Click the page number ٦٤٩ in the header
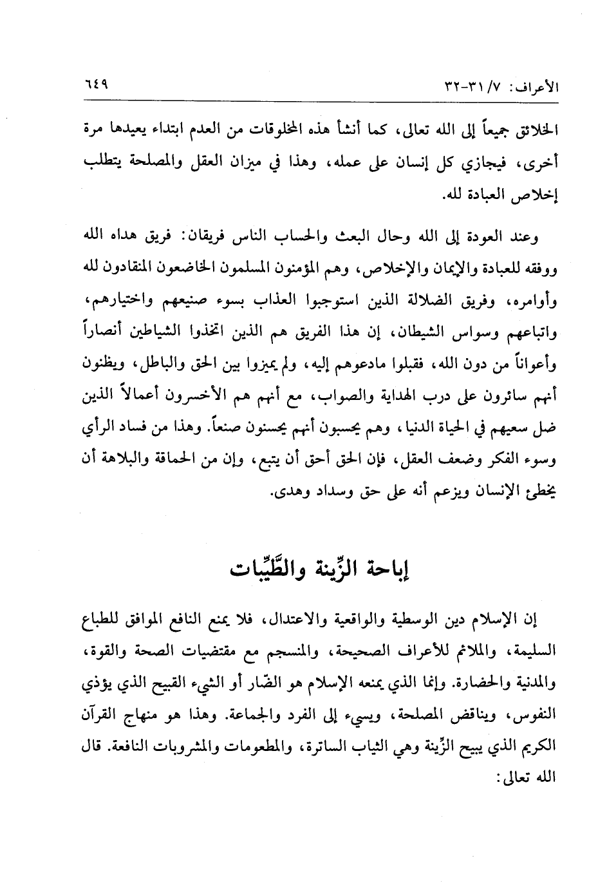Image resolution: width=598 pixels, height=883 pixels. pos(96,85)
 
